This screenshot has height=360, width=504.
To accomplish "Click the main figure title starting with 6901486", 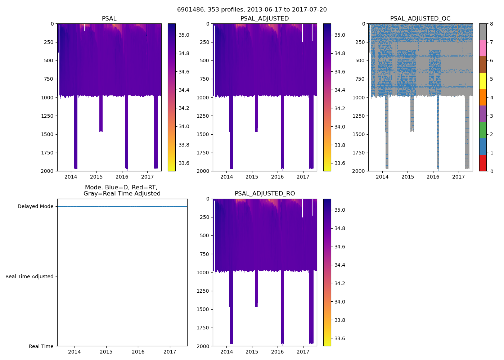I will [x=252, y=10].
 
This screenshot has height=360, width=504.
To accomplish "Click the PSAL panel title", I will [x=109, y=19].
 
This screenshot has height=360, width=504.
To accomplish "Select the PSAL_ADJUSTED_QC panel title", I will [x=420, y=19].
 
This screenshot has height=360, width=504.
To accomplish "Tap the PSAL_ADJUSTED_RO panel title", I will [x=265, y=194].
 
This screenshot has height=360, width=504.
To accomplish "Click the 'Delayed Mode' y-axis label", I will [x=35, y=206].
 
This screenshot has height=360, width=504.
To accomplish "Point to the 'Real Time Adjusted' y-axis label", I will [x=30, y=276].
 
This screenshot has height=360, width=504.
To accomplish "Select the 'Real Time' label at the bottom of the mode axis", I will [x=41, y=346].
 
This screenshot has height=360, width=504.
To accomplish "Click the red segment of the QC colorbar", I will [x=483, y=163].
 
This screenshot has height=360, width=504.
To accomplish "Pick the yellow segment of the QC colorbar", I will [x=483, y=81].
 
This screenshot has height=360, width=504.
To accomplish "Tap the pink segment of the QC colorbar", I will [x=483, y=48].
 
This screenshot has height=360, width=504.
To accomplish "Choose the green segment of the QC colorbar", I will [x=483, y=130].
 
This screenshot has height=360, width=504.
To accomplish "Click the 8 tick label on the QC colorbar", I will [x=492, y=24].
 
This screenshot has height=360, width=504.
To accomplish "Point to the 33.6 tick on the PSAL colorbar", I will [x=184, y=163].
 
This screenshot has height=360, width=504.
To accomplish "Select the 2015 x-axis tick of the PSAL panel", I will [x=96, y=177].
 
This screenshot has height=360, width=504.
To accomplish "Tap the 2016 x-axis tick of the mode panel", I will [x=138, y=352].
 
